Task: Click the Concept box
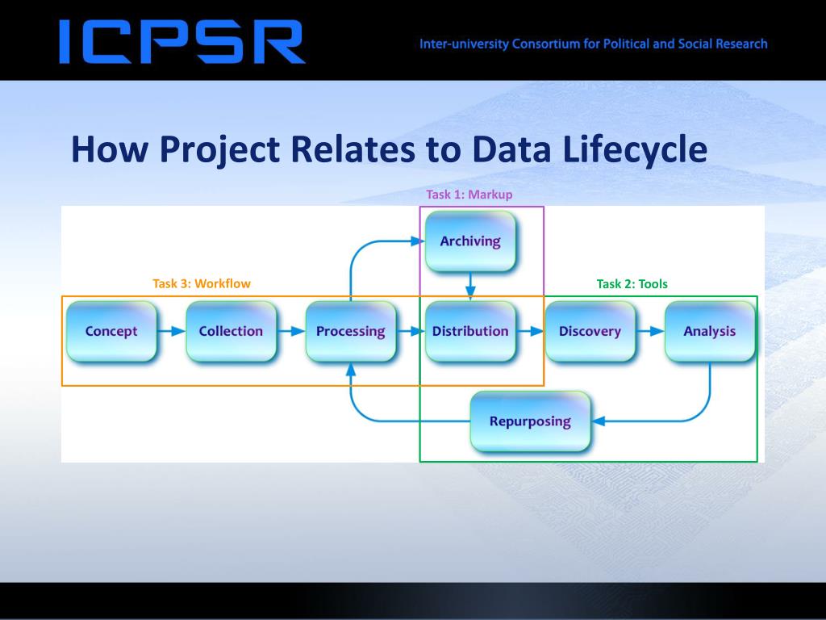[x=111, y=331]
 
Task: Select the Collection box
[x=231, y=331]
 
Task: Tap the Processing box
[x=350, y=331]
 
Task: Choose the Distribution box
[x=470, y=331]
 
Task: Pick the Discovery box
[x=590, y=331]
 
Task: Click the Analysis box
[x=709, y=331]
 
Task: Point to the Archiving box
[x=470, y=241]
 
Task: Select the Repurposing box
[x=530, y=421]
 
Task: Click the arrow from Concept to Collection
[x=171, y=331]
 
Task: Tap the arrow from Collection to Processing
[x=290, y=331]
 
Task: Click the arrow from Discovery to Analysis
[x=649, y=331]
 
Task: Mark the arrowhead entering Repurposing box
[x=598, y=421]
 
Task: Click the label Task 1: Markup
[x=469, y=195]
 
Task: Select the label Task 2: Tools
[x=632, y=283]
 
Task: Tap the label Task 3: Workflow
[x=202, y=283]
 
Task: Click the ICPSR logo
[x=181, y=42]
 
